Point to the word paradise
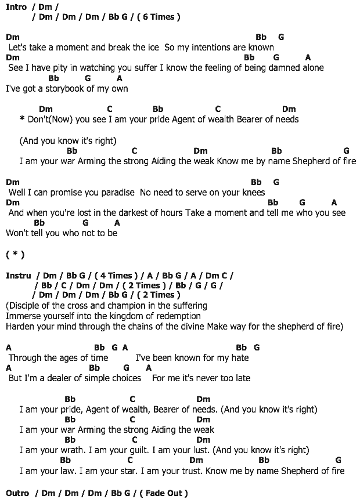pos(113,192)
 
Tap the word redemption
pos(175,316)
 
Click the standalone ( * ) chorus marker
pos(15,255)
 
